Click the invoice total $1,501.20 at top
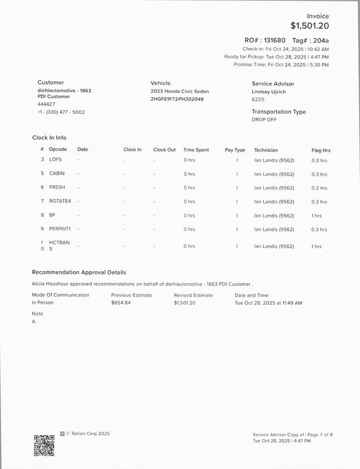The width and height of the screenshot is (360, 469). pos(309,26)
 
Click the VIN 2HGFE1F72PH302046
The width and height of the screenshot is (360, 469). pos(177,99)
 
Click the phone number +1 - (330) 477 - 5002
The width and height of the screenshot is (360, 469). pos(61,112)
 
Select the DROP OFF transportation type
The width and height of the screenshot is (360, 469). pos(264,120)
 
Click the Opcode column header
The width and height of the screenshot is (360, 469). pos(57,149)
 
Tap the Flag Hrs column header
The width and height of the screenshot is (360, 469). pos(321,150)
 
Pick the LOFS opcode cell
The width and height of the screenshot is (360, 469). pos(55,159)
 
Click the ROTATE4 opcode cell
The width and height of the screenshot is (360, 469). pos(60,201)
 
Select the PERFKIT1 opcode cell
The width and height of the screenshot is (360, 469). pos(60,229)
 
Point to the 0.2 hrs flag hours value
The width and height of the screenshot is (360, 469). pos(320,188)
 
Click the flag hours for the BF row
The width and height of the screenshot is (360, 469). pos(317,216)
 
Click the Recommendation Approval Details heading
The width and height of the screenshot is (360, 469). pos(79,273)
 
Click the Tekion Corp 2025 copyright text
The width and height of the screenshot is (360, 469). pos(87,434)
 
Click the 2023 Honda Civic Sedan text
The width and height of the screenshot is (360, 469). pos(179,91)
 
